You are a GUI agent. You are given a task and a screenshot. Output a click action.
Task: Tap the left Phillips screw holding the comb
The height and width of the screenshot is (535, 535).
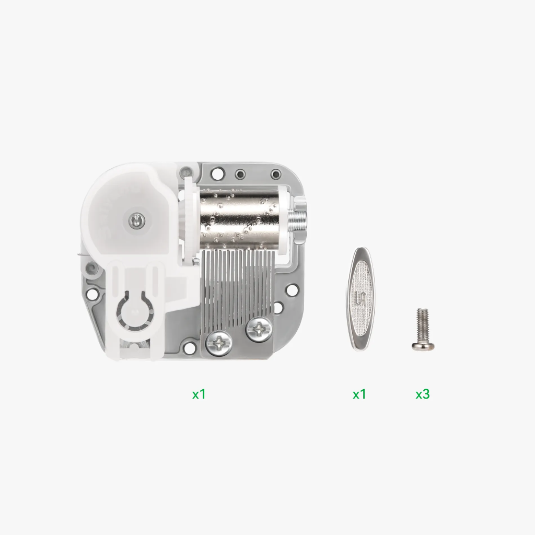217,343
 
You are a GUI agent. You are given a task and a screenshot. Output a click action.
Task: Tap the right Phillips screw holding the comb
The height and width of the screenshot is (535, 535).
259,329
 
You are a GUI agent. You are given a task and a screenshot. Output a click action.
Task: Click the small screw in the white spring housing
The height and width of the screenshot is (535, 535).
136,221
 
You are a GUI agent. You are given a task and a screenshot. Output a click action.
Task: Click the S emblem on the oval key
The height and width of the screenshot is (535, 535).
360,299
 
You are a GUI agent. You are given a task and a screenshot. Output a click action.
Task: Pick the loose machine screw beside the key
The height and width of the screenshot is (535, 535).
422,330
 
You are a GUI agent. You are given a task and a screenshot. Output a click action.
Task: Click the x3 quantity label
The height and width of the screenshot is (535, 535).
422,394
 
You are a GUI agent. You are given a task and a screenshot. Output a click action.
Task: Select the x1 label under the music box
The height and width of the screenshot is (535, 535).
199,394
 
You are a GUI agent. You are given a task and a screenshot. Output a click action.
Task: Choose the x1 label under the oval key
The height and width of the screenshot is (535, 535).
359,394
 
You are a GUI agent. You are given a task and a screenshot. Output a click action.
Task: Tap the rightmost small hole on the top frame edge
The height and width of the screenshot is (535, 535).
276,173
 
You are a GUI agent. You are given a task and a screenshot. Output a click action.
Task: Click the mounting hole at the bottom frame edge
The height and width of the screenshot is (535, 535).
184,347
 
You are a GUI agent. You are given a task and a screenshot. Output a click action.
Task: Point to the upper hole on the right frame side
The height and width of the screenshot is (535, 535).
292,288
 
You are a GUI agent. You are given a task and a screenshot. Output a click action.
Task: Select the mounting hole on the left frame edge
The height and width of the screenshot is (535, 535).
92,294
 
